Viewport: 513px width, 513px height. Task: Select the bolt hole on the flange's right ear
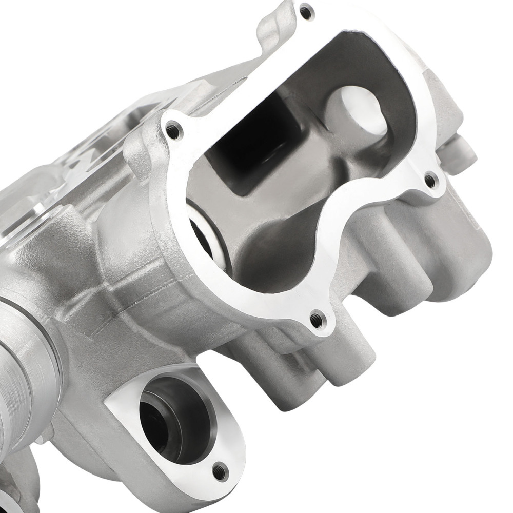pyautogui.click(x=431, y=180)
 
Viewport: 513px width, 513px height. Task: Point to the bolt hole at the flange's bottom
pyautogui.click(x=318, y=320)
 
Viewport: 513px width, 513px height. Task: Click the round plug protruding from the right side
pyautogui.click(x=464, y=149)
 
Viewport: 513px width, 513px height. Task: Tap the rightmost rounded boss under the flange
pyautogui.click(x=462, y=267)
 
